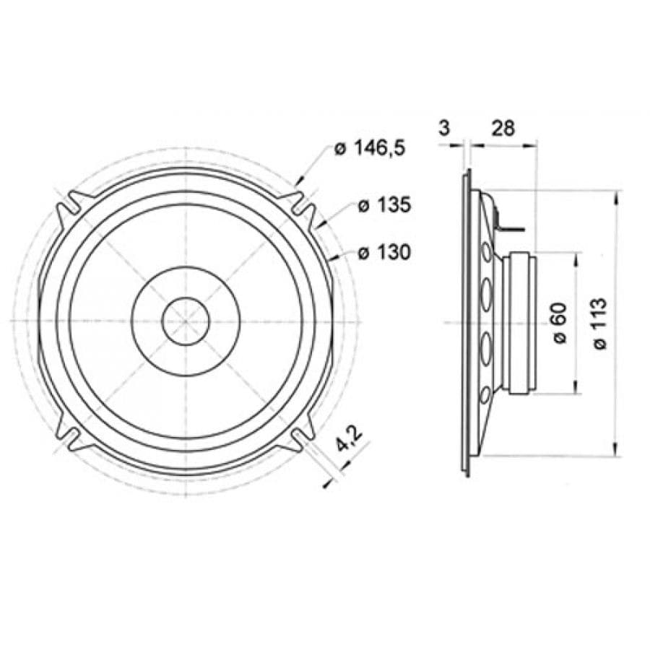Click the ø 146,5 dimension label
point(369,148)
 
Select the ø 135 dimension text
point(384,205)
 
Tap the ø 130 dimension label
point(384,252)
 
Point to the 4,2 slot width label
point(349,438)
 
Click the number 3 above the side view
point(444,128)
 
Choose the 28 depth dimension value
point(503,128)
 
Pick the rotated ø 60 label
point(559,323)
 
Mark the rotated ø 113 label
point(599,324)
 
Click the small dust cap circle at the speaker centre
point(186,321)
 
